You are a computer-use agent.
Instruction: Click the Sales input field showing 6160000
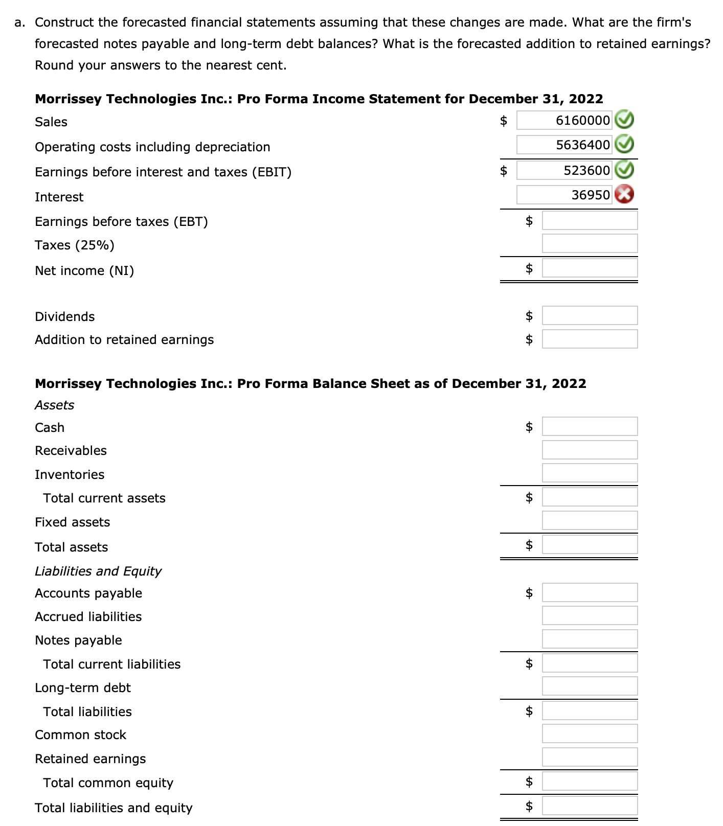coord(564,121)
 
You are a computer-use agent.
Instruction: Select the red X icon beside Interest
coord(624,195)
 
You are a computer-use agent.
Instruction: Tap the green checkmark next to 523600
coord(624,170)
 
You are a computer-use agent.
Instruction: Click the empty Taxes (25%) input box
coord(590,243)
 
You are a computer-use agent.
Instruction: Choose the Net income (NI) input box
coord(590,268)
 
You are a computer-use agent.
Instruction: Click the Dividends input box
coord(590,315)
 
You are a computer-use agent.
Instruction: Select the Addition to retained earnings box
coord(590,339)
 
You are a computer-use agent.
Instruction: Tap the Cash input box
coord(590,426)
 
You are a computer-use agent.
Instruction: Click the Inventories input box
coord(590,473)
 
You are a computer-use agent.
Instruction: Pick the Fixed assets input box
coord(590,520)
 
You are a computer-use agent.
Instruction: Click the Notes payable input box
coord(590,639)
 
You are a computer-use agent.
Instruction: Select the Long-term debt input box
coord(590,686)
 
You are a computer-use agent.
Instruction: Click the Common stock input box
coord(590,733)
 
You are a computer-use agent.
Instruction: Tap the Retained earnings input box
coord(590,757)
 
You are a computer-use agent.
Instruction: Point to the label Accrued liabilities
coord(88,617)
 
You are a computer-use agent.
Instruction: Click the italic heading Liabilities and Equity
coord(98,571)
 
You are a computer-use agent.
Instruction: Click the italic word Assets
coord(54,405)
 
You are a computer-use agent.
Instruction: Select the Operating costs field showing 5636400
coord(564,145)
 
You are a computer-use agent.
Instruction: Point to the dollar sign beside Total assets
coord(529,545)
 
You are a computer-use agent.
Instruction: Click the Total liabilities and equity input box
coord(590,806)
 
